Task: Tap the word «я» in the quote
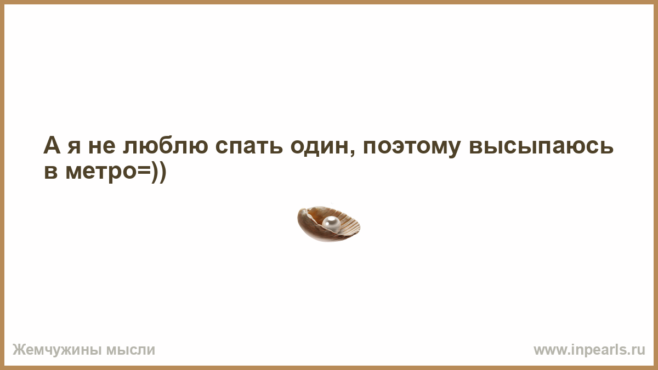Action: click(x=73, y=147)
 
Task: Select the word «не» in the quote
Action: click(x=101, y=147)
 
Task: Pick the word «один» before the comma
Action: click(x=320, y=147)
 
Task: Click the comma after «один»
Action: click(x=353, y=153)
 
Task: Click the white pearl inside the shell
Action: click(x=331, y=224)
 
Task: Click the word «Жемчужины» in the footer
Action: click(x=57, y=350)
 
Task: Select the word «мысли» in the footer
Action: click(x=131, y=350)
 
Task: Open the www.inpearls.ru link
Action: click(x=589, y=350)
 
